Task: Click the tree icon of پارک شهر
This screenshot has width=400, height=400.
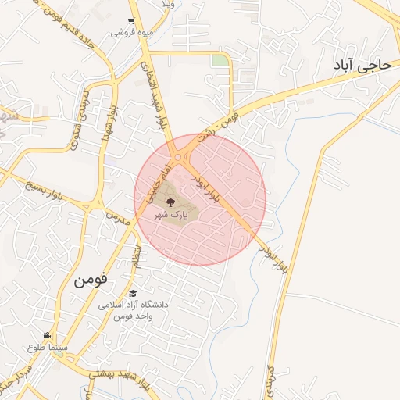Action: point(171,202)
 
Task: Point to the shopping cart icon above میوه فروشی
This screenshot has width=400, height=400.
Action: point(130,22)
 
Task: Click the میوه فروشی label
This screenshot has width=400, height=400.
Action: point(130,33)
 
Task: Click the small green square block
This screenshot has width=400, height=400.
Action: point(221,60)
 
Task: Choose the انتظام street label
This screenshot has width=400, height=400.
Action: point(138,255)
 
